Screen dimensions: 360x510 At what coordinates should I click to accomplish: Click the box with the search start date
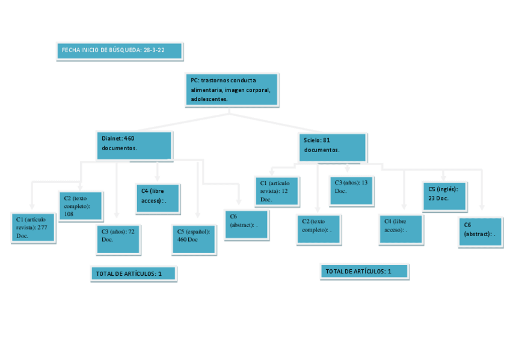(120, 51)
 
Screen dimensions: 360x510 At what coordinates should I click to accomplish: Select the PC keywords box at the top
(232, 90)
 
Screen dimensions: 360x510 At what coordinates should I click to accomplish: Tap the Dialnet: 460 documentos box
(135, 145)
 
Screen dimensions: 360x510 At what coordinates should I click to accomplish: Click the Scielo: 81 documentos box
(333, 147)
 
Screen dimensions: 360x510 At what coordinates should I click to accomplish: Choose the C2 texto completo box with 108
(81, 206)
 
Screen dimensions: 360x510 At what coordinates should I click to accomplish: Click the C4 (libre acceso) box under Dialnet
(158, 198)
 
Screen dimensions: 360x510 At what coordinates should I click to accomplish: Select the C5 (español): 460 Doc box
(194, 239)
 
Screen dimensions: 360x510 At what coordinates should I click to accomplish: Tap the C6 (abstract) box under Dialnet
(247, 225)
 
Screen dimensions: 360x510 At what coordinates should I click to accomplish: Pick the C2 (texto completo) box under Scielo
(318, 229)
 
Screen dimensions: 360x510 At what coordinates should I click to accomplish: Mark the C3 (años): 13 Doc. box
(351, 190)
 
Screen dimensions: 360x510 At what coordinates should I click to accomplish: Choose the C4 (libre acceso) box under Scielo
(401, 229)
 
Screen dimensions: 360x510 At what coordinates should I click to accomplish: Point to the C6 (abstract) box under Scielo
(481, 232)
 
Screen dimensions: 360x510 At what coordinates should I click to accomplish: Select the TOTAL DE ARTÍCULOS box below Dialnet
(134, 274)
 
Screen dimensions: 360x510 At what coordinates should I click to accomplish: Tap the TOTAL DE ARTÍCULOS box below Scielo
(364, 272)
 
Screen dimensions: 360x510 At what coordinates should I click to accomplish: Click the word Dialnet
(112, 138)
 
